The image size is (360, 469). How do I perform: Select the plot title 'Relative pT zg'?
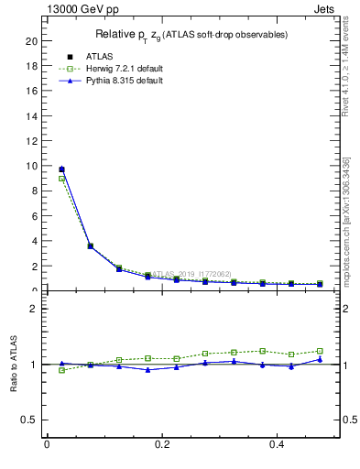click(x=191, y=35)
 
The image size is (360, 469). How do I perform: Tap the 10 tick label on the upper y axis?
click(x=31, y=167)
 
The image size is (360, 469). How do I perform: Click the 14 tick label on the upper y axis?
click(x=31, y=116)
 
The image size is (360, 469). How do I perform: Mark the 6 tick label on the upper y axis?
click(x=34, y=216)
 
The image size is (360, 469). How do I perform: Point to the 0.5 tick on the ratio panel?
click(x=30, y=420)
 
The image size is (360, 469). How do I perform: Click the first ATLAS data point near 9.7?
click(x=61, y=169)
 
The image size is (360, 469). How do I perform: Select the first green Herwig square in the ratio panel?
click(x=61, y=370)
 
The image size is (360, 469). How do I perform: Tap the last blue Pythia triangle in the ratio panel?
click(x=320, y=359)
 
